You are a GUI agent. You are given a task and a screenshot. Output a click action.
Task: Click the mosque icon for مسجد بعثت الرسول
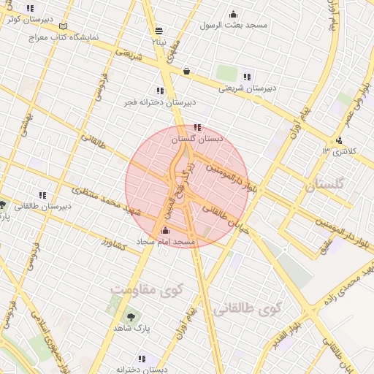tap(233, 14)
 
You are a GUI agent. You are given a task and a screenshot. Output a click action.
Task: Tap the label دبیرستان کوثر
tap(23, 20)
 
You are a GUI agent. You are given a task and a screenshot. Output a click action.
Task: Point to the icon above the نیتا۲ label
tap(159, 31)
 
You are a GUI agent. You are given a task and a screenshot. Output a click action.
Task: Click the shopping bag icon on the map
tap(188, 71)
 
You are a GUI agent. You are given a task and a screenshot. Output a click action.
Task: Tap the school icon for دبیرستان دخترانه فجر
tap(160, 91)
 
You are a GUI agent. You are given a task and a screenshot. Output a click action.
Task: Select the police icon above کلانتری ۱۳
tap(338, 141)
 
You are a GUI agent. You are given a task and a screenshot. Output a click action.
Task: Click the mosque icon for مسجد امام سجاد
tap(164, 232)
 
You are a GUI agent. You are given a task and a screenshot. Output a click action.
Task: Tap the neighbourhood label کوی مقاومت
tap(148, 290)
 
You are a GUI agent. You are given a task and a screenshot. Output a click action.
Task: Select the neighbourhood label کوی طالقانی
tap(247, 310)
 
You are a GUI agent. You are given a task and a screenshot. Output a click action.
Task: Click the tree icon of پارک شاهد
tap(131, 317)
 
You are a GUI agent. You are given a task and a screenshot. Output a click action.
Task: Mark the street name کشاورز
tap(115, 244)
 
